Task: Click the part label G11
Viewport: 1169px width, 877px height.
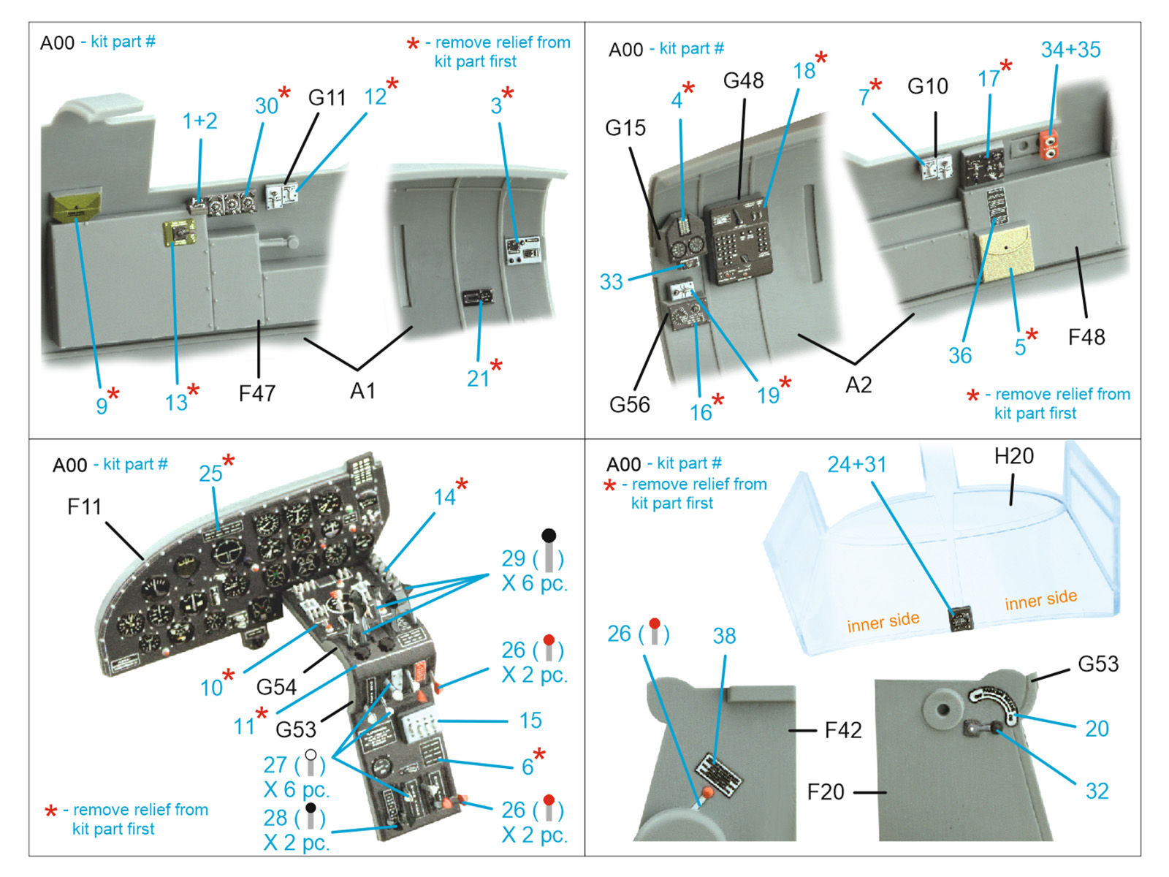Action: point(327,97)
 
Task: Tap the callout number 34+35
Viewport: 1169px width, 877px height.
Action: point(1070,50)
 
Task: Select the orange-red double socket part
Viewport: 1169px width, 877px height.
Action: point(1049,144)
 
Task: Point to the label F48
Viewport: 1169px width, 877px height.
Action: point(1086,337)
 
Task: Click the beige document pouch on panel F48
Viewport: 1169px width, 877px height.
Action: point(1006,253)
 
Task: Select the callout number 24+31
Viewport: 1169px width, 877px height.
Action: point(856,464)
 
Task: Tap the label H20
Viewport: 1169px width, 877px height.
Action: point(1013,456)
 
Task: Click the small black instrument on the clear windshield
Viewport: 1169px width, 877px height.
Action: point(961,619)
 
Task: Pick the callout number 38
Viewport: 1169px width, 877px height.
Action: point(724,636)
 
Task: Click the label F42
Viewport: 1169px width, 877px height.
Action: point(842,729)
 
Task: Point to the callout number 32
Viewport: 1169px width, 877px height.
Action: point(1097,791)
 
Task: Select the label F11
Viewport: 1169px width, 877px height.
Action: point(84,506)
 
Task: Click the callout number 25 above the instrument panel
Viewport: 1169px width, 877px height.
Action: point(210,473)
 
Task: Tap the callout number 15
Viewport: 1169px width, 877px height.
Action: point(530,721)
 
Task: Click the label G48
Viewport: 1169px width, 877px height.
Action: point(743,80)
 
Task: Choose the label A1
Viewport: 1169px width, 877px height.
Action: point(362,391)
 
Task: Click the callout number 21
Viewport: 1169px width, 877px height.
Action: point(478,378)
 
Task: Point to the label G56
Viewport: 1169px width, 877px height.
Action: point(629,404)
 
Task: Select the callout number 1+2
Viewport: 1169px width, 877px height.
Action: point(199,121)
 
